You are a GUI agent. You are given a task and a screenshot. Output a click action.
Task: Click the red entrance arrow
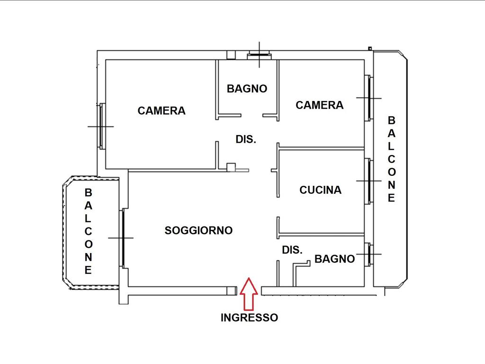click(249, 294)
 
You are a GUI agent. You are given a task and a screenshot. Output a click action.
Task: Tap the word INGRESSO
click(249, 318)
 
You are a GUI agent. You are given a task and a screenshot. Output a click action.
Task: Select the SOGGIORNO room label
click(198, 230)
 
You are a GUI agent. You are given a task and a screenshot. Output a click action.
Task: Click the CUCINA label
click(321, 190)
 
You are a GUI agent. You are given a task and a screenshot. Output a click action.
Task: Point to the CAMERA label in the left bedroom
click(162, 110)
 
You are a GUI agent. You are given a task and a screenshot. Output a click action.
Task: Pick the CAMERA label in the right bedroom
click(320, 105)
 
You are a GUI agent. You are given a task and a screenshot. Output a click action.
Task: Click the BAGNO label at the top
click(247, 89)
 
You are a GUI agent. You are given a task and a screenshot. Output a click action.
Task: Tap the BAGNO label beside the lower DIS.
click(335, 259)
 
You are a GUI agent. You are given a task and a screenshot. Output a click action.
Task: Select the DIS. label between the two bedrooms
click(246, 139)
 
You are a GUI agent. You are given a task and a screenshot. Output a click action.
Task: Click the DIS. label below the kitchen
click(292, 250)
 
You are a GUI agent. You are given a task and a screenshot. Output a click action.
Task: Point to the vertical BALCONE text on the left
click(88, 231)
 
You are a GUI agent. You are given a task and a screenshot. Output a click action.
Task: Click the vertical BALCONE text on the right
click(391, 159)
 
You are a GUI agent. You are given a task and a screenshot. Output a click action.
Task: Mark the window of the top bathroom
click(259, 56)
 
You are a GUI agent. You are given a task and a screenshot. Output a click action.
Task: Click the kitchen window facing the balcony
click(368, 181)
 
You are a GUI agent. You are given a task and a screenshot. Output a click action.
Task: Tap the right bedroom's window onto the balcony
click(368, 98)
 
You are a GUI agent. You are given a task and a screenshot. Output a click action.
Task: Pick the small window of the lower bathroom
click(368, 255)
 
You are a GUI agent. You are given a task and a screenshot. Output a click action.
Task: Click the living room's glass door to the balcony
click(123, 238)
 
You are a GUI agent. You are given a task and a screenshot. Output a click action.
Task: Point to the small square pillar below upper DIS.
click(231, 167)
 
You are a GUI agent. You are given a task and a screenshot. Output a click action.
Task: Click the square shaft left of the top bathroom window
click(231, 55)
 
